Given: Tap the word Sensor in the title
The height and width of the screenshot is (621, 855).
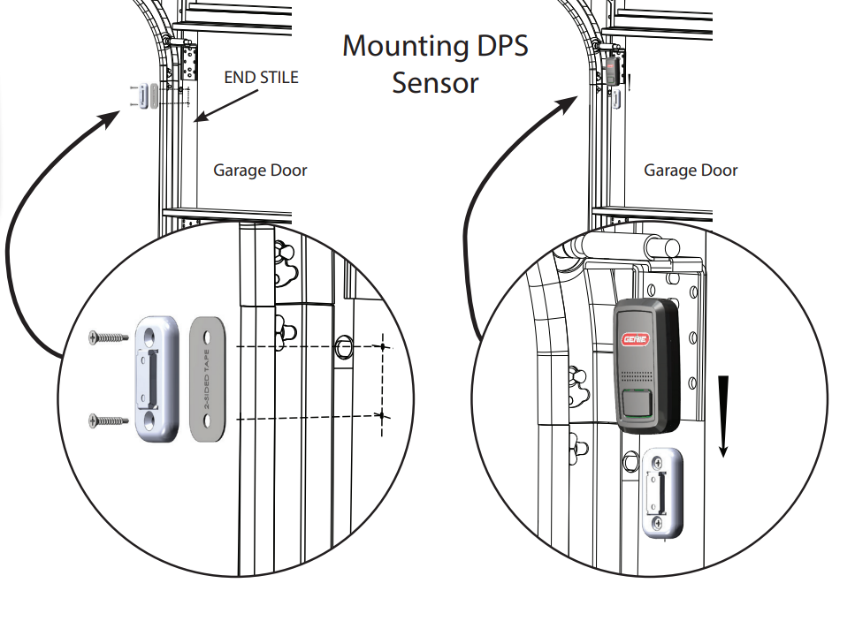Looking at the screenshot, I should pos(435,83).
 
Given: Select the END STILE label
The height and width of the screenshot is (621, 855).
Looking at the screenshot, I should pos(261,78).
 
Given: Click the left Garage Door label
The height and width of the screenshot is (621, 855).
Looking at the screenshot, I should pos(260,170).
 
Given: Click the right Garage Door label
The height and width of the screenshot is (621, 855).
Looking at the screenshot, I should pos(691,170).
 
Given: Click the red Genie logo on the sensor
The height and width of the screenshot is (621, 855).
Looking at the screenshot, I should pos(639,339).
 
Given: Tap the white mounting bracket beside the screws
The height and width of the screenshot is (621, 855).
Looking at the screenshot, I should pos(157,377).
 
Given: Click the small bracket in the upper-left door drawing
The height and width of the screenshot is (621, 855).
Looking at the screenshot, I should pos(142,95).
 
